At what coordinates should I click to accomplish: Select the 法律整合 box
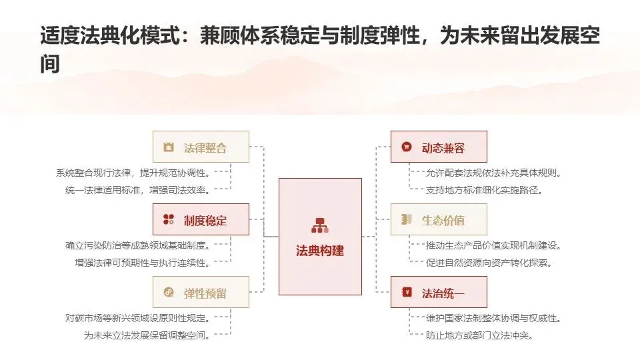pos(201,147)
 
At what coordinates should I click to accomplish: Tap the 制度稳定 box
pos(201,220)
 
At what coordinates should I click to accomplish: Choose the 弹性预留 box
pos(201,293)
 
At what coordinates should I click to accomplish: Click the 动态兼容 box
pos(439,147)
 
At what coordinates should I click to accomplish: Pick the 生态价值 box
pos(439,220)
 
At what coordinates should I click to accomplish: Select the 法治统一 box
pos(439,293)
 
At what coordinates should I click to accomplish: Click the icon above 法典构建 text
pos(320,226)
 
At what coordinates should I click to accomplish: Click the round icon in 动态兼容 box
pos(406,147)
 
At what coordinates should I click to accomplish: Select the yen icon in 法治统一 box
pos(406,293)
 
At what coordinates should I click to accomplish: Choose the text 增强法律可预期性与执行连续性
pos(143,263)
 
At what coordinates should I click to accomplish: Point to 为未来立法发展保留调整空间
pos(147,335)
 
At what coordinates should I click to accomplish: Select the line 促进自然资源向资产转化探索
pos(489,263)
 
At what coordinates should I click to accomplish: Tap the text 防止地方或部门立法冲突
pos(480,335)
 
